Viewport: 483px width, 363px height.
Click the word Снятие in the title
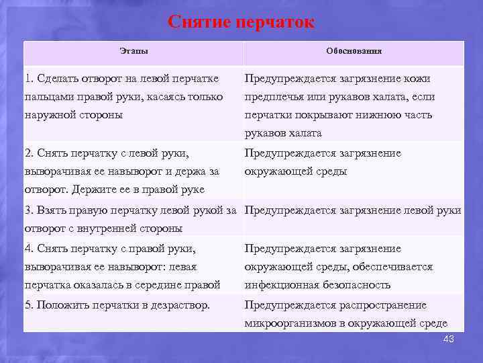pyautogui.click(x=197, y=22)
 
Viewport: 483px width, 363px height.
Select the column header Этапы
pyautogui.click(x=133, y=51)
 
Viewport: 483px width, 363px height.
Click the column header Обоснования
pyautogui.click(x=354, y=51)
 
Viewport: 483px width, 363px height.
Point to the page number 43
pyautogui.click(x=448, y=339)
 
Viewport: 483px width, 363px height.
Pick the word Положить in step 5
pyautogui.click(x=62, y=305)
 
